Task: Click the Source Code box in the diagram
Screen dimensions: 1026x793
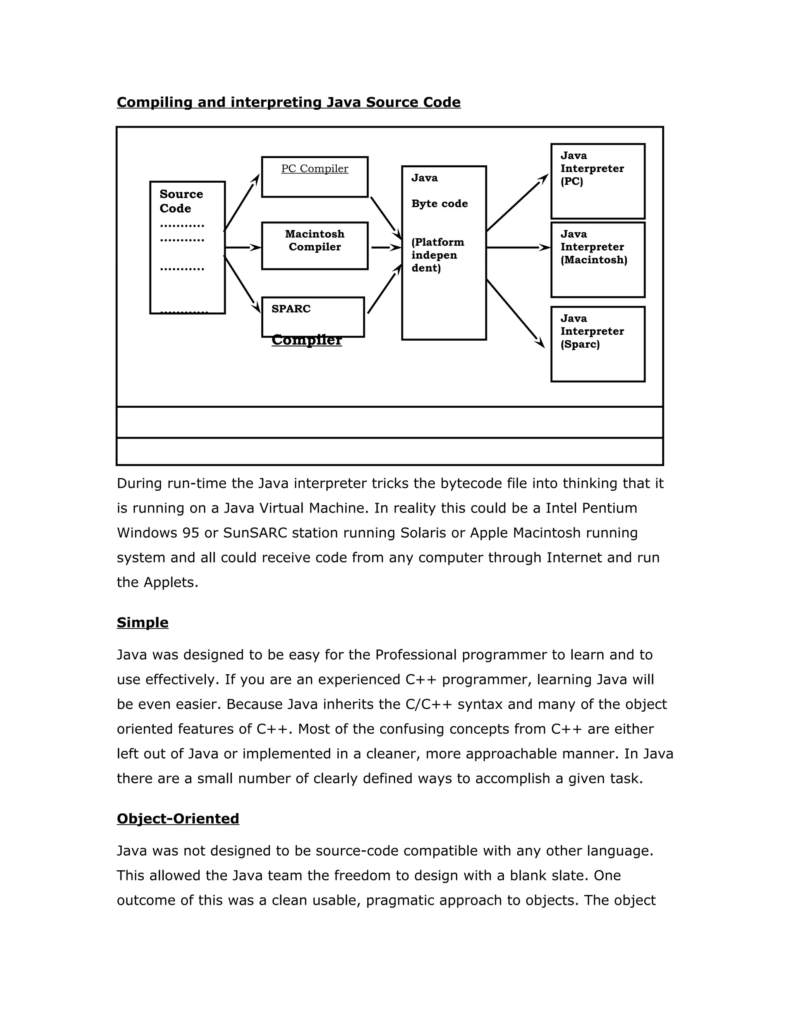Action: pyautogui.click(x=187, y=247)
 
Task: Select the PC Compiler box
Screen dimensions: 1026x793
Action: pyautogui.click(x=315, y=177)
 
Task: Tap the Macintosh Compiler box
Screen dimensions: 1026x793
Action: pyautogui.click(x=315, y=246)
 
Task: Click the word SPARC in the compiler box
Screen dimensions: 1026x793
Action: pyautogui.click(x=291, y=309)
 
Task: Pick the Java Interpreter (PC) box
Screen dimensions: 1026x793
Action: pyautogui.click(x=597, y=181)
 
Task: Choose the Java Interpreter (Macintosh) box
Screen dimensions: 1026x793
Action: pyautogui.click(x=597, y=260)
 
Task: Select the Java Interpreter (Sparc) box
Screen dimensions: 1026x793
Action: pyautogui.click(x=597, y=344)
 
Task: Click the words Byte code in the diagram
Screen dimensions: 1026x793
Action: pyautogui.click(x=439, y=203)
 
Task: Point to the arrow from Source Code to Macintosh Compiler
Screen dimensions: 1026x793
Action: pyautogui.click(x=243, y=247)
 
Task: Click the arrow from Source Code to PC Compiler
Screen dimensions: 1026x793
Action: pyautogui.click(x=242, y=202)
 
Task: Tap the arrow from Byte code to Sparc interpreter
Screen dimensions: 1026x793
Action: pyautogui.click(x=515, y=313)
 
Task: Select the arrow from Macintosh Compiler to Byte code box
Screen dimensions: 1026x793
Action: pyautogui.click(x=386, y=247)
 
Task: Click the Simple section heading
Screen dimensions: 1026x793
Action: pyautogui.click(x=142, y=623)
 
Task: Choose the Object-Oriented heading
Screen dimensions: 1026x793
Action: pyautogui.click(x=178, y=818)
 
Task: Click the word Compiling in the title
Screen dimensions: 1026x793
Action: pyautogui.click(x=154, y=103)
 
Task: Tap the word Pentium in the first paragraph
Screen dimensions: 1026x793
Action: pyautogui.click(x=609, y=508)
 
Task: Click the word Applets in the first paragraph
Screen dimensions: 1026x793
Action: pyautogui.click(x=170, y=582)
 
